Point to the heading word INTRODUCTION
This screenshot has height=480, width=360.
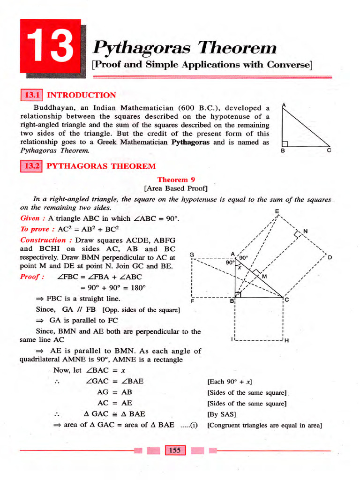tap(82, 95)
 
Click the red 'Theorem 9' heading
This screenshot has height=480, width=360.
tap(176, 180)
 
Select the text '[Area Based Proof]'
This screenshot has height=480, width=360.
tap(176, 188)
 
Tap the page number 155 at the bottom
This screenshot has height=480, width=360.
tap(175, 450)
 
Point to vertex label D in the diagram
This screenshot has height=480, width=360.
tap(330, 257)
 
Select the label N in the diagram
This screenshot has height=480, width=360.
tap(306, 231)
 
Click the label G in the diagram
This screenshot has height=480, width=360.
tap(192, 255)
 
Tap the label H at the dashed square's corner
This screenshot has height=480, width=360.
tap(286, 341)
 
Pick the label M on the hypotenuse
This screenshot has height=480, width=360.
tap(264, 277)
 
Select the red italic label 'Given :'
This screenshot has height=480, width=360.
tap(33, 218)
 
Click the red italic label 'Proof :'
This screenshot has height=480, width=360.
tap(32, 277)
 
